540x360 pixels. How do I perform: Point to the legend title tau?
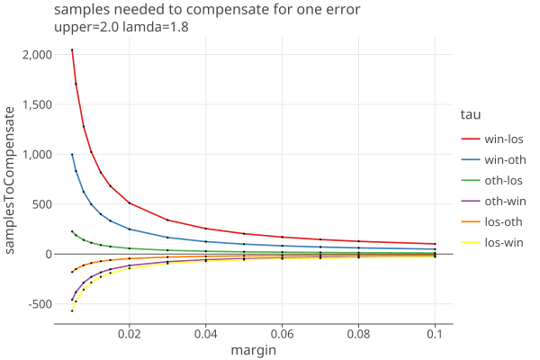point(470,114)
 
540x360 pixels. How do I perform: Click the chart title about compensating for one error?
point(207,10)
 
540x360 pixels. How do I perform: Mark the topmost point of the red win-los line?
point(72,50)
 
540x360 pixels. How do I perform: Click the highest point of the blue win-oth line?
point(72,155)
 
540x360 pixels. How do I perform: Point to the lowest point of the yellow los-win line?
point(72,310)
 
